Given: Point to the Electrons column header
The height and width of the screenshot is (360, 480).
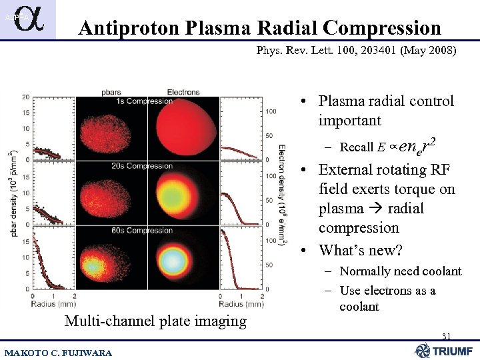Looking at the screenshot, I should tap(183, 91).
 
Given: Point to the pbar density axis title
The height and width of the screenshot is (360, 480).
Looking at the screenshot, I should tap(11, 193).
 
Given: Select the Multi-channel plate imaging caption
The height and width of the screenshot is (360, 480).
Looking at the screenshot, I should tap(155, 321).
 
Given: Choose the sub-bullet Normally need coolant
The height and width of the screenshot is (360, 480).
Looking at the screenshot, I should tap(400, 271).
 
